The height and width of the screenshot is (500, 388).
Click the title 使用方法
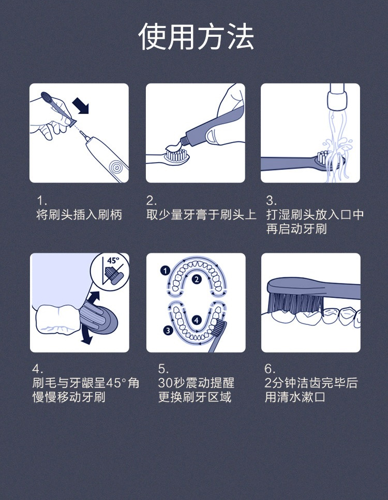click(x=196, y=37)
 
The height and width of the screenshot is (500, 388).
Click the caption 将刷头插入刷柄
click(x=79, y=215)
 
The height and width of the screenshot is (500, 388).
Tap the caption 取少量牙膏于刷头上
click(x=201, y=215)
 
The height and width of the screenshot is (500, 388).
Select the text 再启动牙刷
click(x=296, y=229)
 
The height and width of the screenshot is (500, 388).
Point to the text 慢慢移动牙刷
click(x=69, y=397)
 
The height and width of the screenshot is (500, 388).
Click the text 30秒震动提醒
click(x=196, y=383)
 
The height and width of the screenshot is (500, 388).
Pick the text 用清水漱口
click(x=295, y=397)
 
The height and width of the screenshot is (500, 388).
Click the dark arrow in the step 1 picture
click(x=81, y=106)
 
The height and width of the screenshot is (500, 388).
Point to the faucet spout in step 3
click(x=337, y=96)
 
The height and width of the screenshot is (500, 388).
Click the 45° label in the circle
click(x=113, y=261)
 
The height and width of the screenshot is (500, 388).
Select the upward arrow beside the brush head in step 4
click(x=93, y=298)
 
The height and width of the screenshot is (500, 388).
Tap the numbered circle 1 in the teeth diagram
click(x=165, y=271)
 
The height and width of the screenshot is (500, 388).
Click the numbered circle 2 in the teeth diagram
click(x=197, y=279)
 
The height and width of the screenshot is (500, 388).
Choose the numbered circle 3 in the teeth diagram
click(x=168, y=331)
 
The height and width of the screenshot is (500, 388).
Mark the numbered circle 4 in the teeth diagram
click(x=197, y=320)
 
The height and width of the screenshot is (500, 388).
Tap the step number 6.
click(x=270, y=368)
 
